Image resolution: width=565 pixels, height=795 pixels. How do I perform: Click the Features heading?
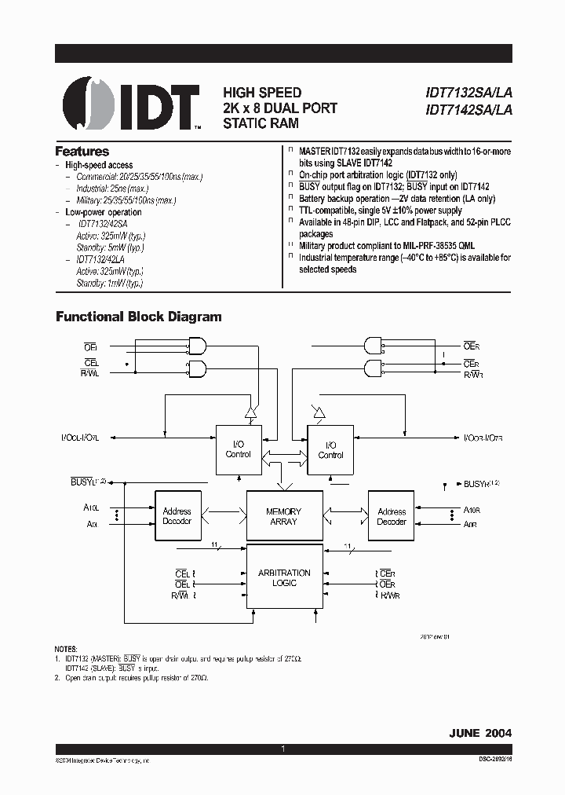pos(82,152)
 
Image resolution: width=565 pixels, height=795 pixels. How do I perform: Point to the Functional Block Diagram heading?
pos(138,317)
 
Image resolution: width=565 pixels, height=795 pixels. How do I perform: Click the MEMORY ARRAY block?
pos(284,516)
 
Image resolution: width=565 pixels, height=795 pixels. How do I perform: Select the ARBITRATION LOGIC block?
pos(284,578)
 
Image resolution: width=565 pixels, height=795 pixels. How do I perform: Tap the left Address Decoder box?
pos(177,516)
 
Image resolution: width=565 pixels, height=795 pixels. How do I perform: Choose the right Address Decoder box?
pos(392,516)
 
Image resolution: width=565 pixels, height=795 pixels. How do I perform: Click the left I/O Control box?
pos(239,449)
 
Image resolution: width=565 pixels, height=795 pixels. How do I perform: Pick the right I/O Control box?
pos(330,449)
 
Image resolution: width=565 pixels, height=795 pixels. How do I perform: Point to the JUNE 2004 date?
pos(479,732)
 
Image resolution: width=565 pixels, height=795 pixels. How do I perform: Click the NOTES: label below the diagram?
pos(67,648)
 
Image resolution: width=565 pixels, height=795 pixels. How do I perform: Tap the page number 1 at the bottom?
pos(282,749)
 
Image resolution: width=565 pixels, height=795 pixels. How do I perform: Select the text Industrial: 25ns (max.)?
pos(112,189)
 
